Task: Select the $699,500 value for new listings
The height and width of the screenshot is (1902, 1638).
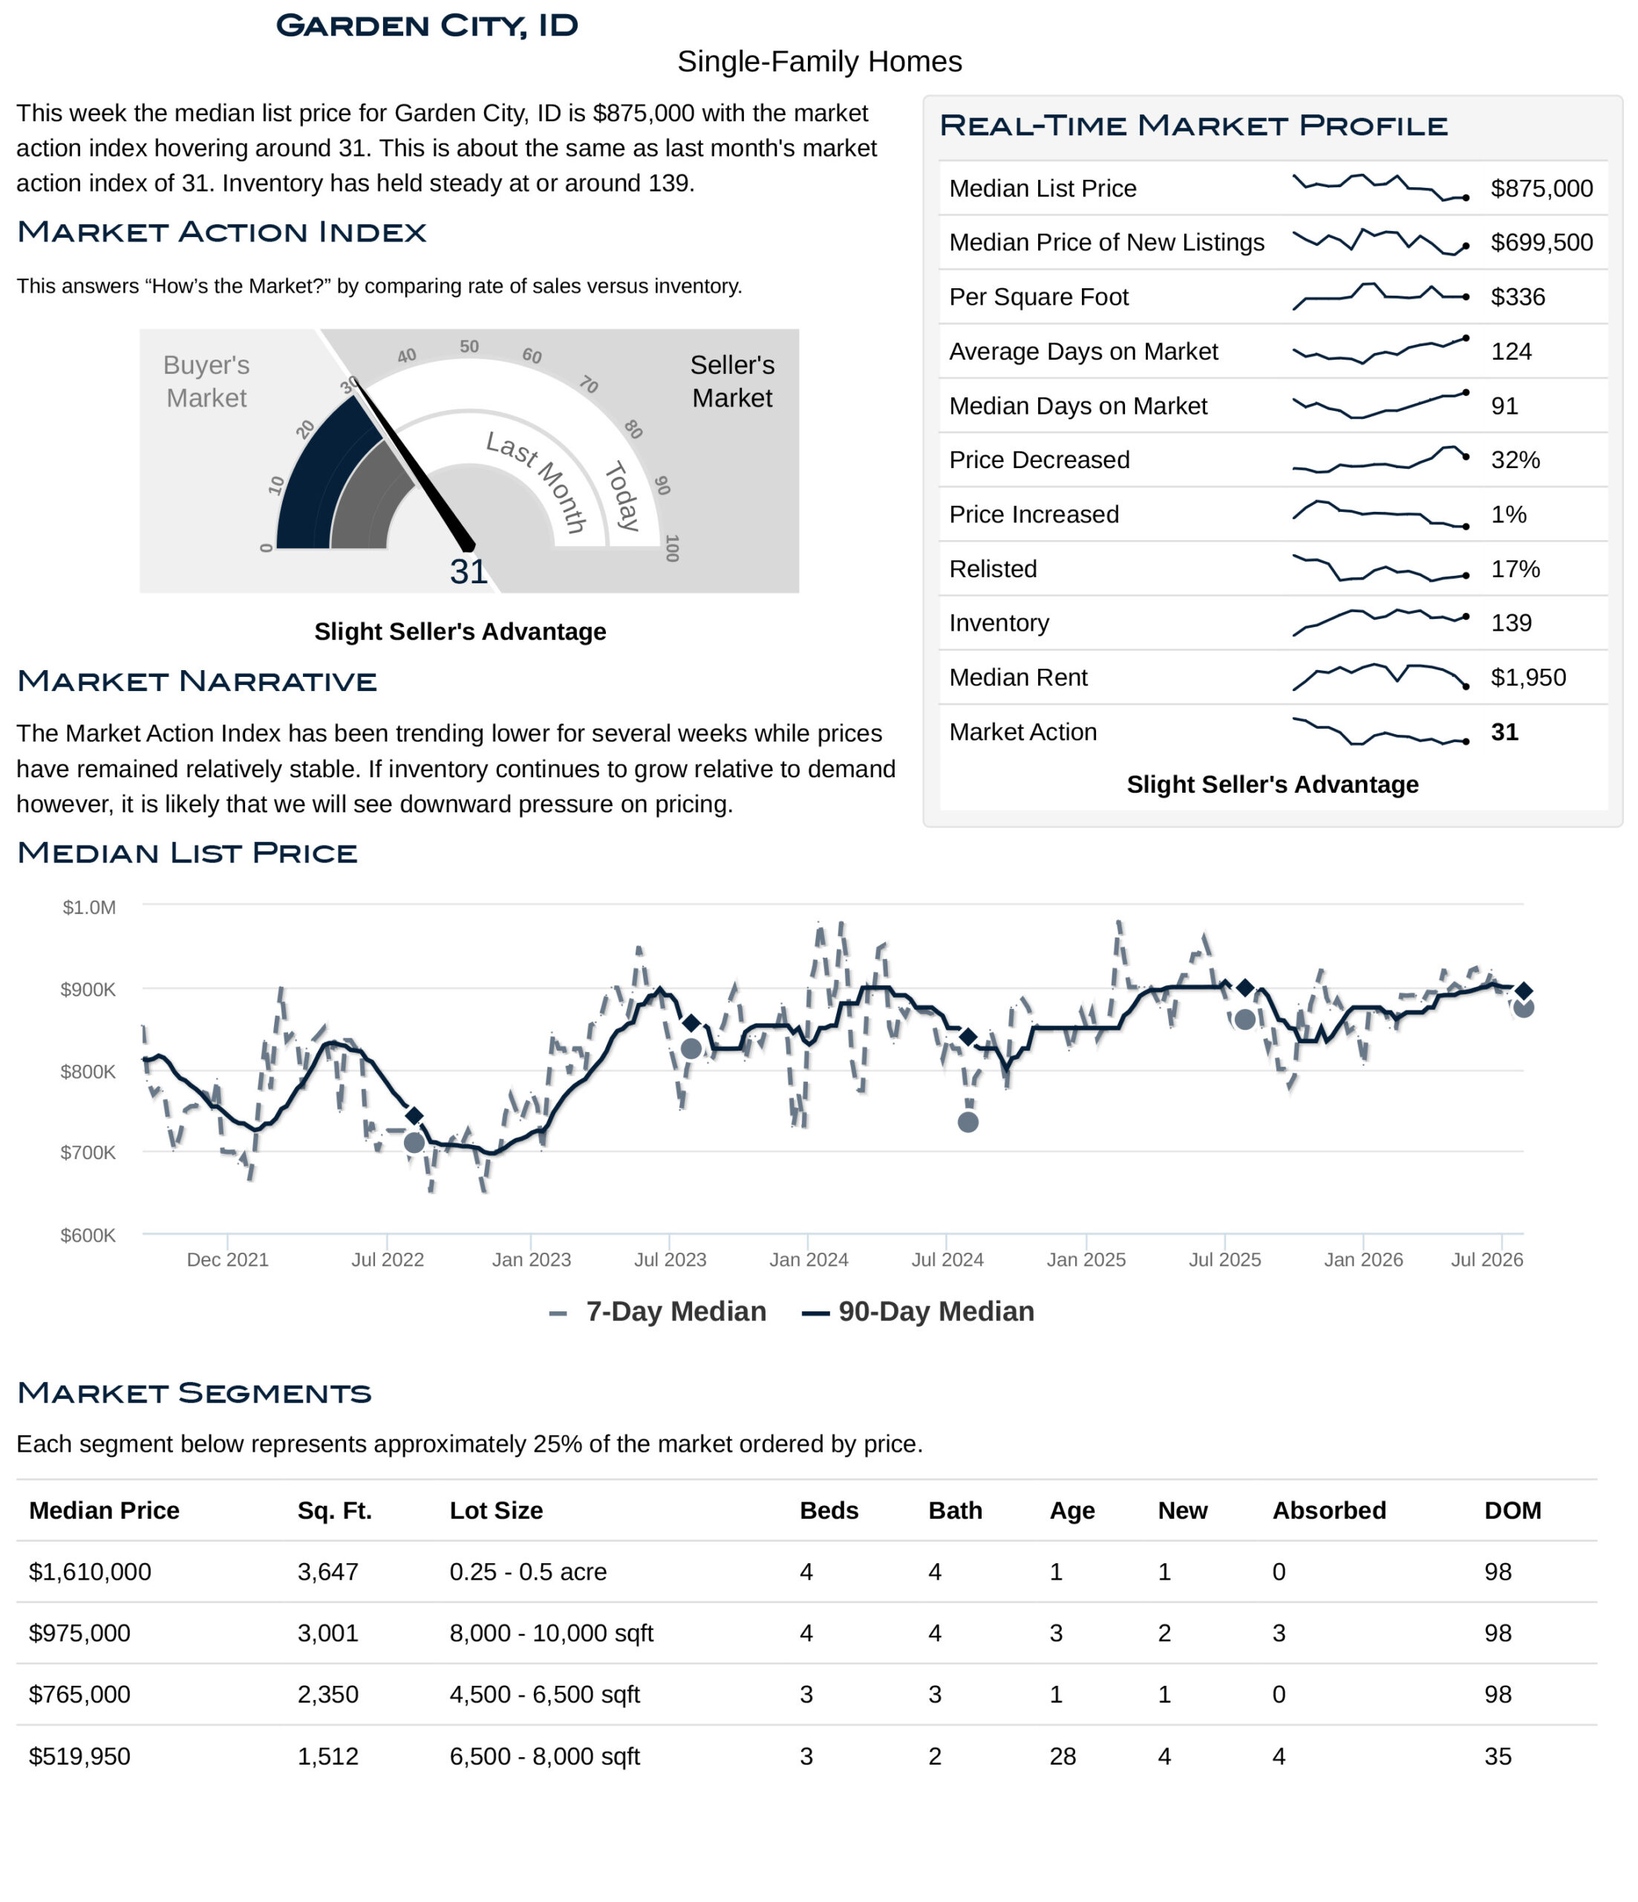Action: (1541, 242)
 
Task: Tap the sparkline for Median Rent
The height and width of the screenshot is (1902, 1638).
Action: (1379, 677)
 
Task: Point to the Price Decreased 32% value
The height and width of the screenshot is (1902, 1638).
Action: (1515, 460)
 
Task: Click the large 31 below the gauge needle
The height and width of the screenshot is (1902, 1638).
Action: (468, 572)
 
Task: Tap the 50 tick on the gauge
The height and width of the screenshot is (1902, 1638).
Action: (469, 346)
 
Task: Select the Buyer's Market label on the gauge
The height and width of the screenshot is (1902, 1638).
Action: (206, 381)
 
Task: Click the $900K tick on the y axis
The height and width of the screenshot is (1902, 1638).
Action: (88, 990)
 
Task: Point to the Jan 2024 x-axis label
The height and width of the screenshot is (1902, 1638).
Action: (809, 1259)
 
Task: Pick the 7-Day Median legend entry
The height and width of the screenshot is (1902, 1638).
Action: (658, 1312)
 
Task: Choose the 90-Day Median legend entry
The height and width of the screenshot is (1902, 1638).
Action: (918, 1312)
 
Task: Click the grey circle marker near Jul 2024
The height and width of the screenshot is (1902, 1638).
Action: (968, 1122)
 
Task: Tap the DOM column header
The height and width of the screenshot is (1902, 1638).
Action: (1513, 1511)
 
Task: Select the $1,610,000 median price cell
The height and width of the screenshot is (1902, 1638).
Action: (90, 1572)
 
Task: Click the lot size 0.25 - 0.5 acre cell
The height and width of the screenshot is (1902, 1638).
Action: (528, 1572)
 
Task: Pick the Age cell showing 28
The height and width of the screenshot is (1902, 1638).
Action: (1063, 1757)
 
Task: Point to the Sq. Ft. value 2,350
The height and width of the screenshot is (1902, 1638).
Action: (327, 1695)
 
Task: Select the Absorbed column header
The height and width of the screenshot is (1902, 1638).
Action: (1329, 1511)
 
